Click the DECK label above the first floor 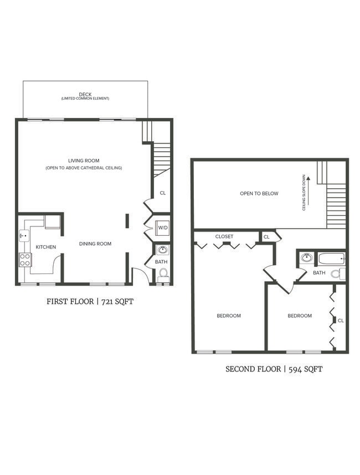pos(85,95)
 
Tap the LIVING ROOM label pos(84,161)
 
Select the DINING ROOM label pos(95,244)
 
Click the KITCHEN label pos(46,247)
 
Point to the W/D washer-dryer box pos(162,228)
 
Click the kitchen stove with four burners pos(25,259)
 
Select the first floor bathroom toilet pos(163,273)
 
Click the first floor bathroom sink pos(162,250)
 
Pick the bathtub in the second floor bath pos(331,258)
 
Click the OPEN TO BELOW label pos(259,194)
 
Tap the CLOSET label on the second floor pos(224,236)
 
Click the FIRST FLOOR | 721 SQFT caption pos(91,302)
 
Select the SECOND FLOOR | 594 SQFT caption pos(274,369)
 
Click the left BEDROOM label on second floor pos(228,316)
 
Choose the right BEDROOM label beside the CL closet pos(299,316)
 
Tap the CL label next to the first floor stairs pos(162,193)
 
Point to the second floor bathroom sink pos(306,257)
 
